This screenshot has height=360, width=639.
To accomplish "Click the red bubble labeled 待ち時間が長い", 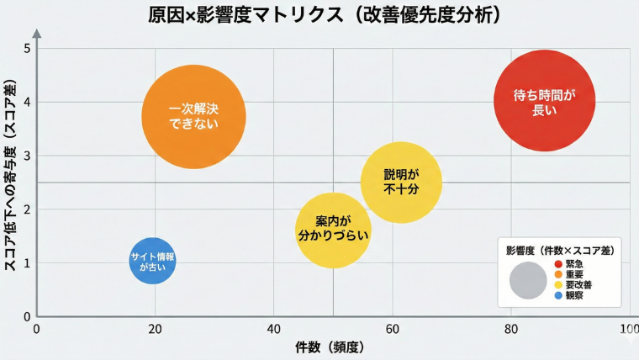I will (x=544, y=101).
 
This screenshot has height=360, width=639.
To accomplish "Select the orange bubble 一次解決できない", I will (x=193, y=116).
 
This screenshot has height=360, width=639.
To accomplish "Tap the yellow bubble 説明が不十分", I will (x=401, y=182).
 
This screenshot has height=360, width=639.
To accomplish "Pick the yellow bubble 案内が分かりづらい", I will (x=334, y=229).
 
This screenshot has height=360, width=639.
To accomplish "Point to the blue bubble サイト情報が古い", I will (x=152, y=261).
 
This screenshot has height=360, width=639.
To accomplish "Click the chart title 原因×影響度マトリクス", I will (x=319, y=16).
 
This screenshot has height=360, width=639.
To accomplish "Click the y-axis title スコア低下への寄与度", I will (x=11, y=181).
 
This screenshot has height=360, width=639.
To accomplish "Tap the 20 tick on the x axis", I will (x=155, y=327).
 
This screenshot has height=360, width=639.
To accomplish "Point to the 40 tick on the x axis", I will (x=273, y=327).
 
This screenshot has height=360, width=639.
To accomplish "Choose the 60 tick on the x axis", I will (x=393, y=327).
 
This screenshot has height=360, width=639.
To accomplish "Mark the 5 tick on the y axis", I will (x=27, y=49).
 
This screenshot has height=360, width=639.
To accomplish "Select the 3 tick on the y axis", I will (x=27, y=156).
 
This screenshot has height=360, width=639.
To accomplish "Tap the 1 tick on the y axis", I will (x=27, y=263).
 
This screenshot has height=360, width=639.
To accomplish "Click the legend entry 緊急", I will (x=574, y=264).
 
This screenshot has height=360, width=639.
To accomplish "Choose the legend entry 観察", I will (x=574, y=295).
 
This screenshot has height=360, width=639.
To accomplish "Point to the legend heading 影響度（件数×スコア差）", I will (x=559, y=250).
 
